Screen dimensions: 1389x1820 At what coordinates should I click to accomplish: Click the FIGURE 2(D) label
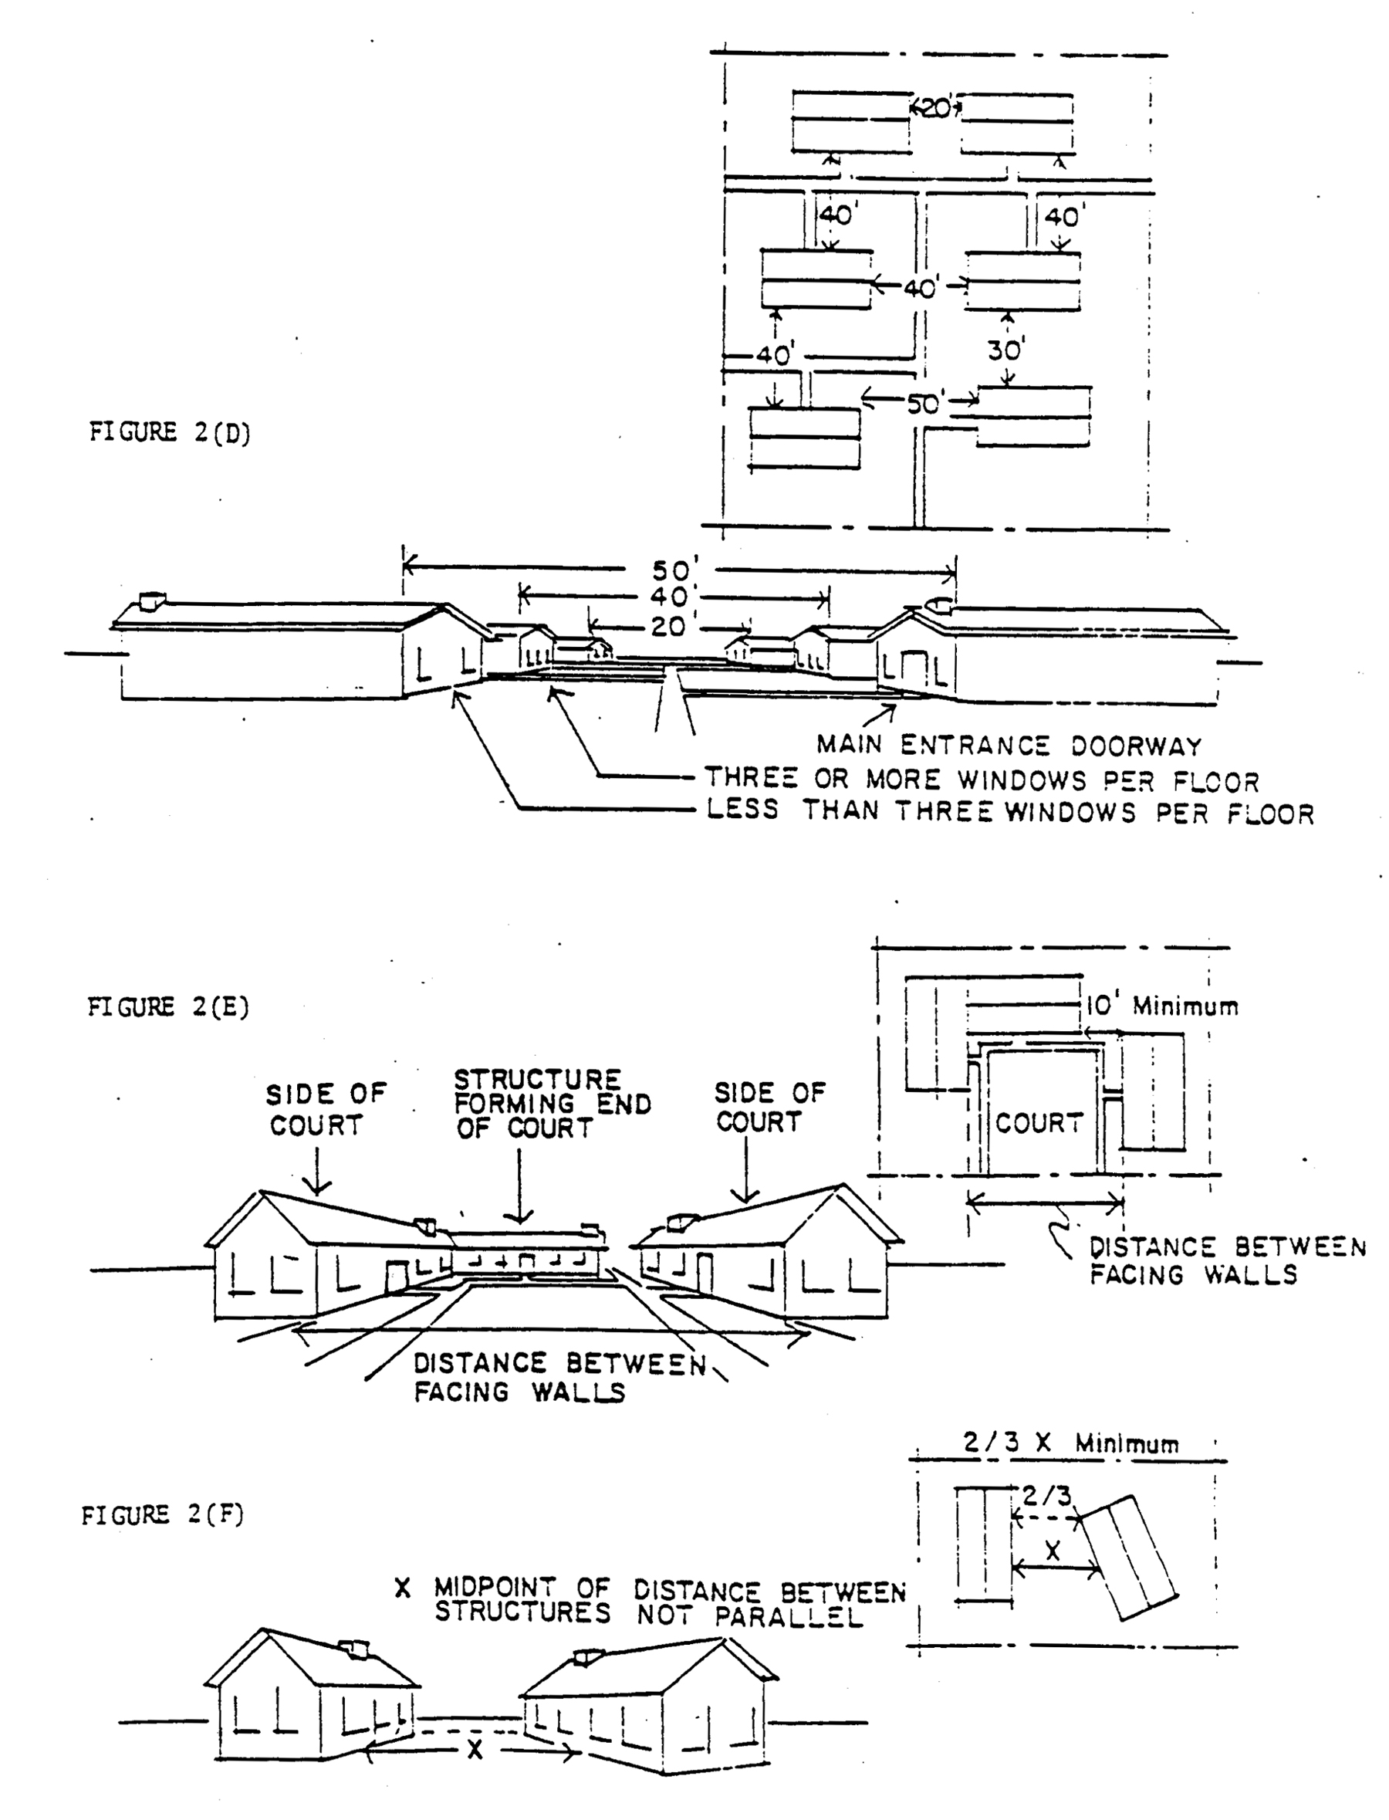point(170,432)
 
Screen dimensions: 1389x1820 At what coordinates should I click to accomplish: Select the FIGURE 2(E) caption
point(169,1007)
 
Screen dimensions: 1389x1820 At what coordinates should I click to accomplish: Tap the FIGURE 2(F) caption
point(163,1515)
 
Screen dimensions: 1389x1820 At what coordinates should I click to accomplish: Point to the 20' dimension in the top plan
point(936,108)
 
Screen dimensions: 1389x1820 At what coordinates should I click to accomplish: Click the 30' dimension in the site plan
point(1005,350)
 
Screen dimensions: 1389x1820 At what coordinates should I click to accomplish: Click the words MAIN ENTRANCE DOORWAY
point(1009,746)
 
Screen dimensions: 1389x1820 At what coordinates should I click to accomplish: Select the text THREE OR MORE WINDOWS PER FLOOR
point(982,780)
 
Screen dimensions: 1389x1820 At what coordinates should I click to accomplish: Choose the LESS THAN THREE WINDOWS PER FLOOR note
point(1010,812)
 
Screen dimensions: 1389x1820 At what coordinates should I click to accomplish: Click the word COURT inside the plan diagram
point(1039,1122)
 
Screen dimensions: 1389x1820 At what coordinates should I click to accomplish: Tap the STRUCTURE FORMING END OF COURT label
point(553,1104)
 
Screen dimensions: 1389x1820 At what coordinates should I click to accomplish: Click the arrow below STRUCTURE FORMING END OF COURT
point(519,1185)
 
